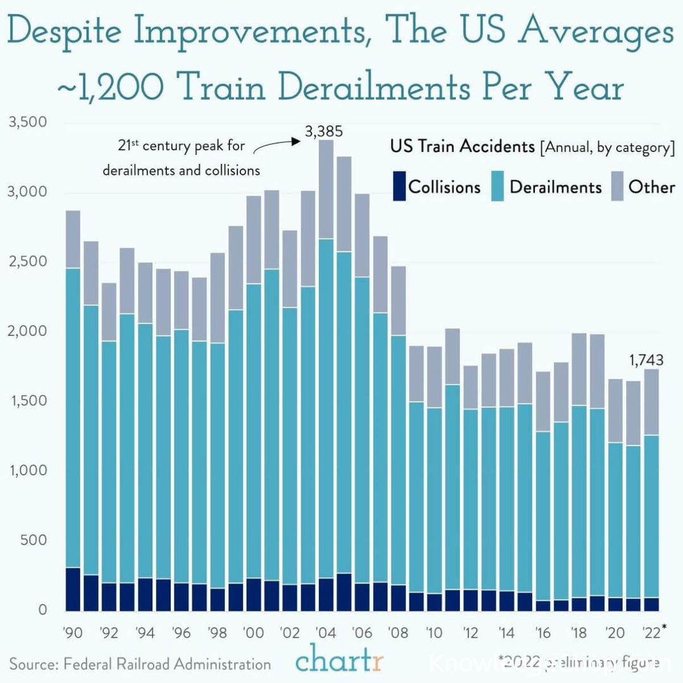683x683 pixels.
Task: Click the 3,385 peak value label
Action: [x=323, y=132]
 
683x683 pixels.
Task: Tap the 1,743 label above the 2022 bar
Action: [x=646, y=360]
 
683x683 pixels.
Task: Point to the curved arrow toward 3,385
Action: [x=276, y=145]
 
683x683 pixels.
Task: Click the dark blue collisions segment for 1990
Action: [x=73, y=589]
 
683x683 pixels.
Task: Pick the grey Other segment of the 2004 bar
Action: [x=326, y=190]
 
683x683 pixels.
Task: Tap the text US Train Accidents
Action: [x=462, y=147]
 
